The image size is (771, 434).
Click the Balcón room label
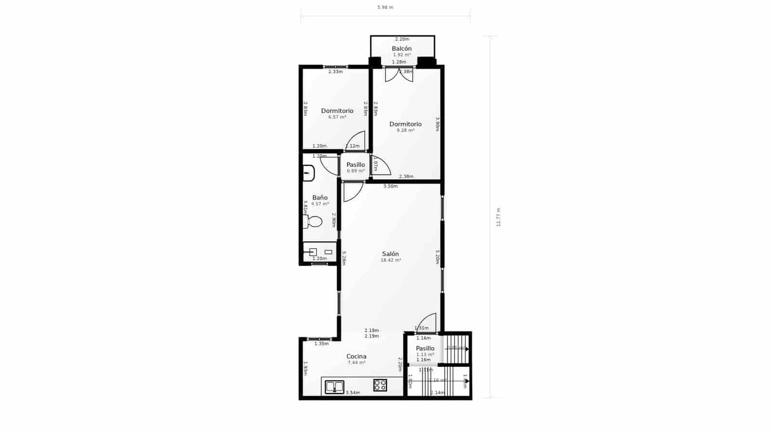[x=401, y=49]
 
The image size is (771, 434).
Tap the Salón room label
[x=390, y=254]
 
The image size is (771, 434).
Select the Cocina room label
[x=357, y=356]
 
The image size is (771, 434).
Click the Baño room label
[x=319, y=198]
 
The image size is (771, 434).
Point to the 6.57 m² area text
[x=337, y=117]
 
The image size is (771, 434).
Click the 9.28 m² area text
[x=405, y=130]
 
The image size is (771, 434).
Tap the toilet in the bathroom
[x=313, y=222]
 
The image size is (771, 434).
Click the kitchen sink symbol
[x=334, y=386]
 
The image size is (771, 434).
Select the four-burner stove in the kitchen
[x=380, y=385]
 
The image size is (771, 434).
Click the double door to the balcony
[x=399, y=74]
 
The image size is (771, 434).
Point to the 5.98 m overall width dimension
[x=385, y=7]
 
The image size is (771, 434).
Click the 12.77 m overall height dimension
[x=499, y=217]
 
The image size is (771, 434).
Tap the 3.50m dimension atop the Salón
[x=390, y=186]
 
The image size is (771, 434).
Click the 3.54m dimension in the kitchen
[x=353, y=393]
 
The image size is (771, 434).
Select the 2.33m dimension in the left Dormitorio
[x=335, y=72]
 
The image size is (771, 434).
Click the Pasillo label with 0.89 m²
[x=356, y=165]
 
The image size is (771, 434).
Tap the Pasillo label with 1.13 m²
[x=425, y=348]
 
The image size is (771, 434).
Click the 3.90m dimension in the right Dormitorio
[x=437, y=124]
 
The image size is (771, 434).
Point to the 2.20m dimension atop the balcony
[x=402, y=39]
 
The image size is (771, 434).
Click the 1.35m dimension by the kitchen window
[x=321, y=344]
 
